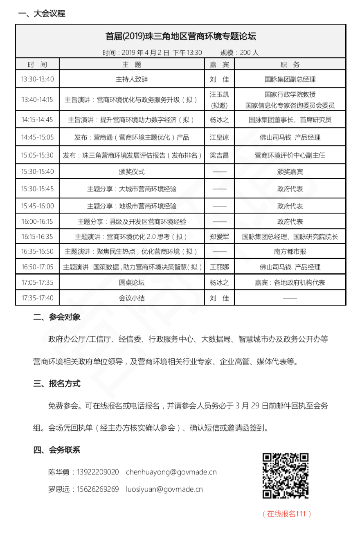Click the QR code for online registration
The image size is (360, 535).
(x=286, y=476)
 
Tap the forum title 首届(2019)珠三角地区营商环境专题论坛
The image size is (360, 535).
(x=180, y=36)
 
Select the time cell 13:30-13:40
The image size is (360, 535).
(x=37, y=79)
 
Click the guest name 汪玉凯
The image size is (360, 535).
(x=219, y=94)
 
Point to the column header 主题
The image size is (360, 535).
(x=132, y=65)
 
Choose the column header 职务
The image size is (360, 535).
(x=290, y=65)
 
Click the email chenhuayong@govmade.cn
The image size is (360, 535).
(x=171, y=472)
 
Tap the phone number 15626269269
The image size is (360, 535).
(x=98, y=489)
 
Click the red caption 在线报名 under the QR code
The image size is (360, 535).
(x=287, y=514)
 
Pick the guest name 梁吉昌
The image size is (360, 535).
(x=219, y=155)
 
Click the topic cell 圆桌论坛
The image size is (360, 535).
(x=132, y=283)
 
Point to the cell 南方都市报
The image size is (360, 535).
(x=290, y=252)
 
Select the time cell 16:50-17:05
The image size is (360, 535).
(x=37, y=267)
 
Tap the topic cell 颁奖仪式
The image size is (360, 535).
(x=132, y=172)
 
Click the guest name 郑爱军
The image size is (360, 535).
(x=219, y=236)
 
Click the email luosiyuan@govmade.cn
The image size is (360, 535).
(x=164, y=489)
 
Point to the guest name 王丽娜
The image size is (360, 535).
(x=219, y=267)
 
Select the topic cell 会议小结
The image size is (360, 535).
(x=132, y=298)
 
